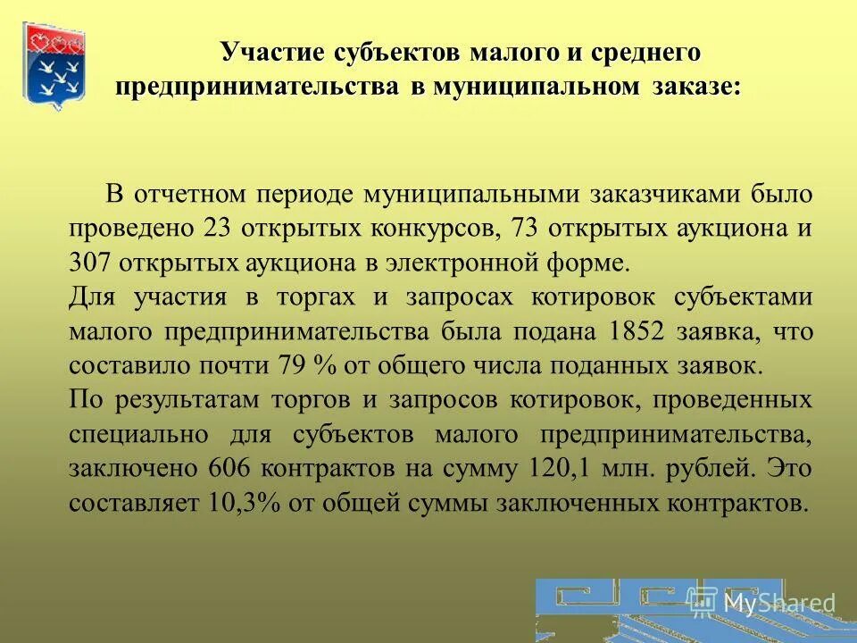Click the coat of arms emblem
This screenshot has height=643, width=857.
[x=54, y=66]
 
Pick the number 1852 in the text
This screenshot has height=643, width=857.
[x=637, y=331]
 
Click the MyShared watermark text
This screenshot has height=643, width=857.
[x=778, y=603]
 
